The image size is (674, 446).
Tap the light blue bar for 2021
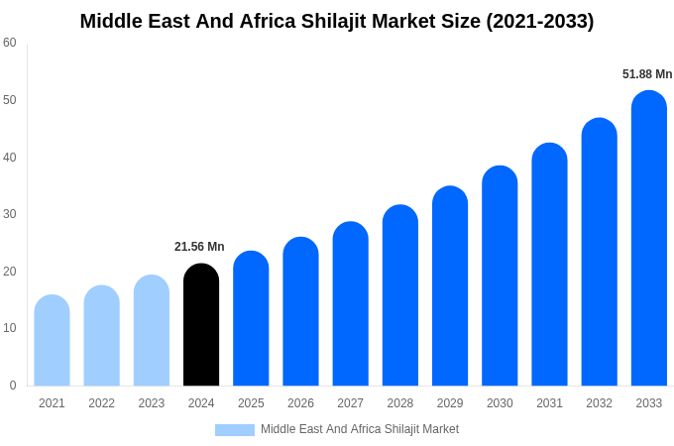coord(52,341)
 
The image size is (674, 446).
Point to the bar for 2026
coord(300,311)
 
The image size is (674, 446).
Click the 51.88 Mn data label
coord(646,74)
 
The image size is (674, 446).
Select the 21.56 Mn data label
coord(199,247)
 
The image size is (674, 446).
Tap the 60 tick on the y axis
coord(10,43)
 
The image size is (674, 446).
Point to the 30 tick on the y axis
coord(10,214)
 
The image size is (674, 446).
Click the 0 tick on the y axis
coord(13,386)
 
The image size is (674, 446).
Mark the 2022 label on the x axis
coord(101,403)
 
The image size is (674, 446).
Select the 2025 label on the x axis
coord(251,403)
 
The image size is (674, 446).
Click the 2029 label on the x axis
coord(450,403)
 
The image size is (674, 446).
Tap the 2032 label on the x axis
coord(599,403)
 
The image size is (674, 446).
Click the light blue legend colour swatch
coord(235,430)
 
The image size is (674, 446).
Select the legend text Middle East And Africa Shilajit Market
coord(360,429)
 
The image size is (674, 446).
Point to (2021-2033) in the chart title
coord(539,21)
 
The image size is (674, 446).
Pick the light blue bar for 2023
coord(152,331)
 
